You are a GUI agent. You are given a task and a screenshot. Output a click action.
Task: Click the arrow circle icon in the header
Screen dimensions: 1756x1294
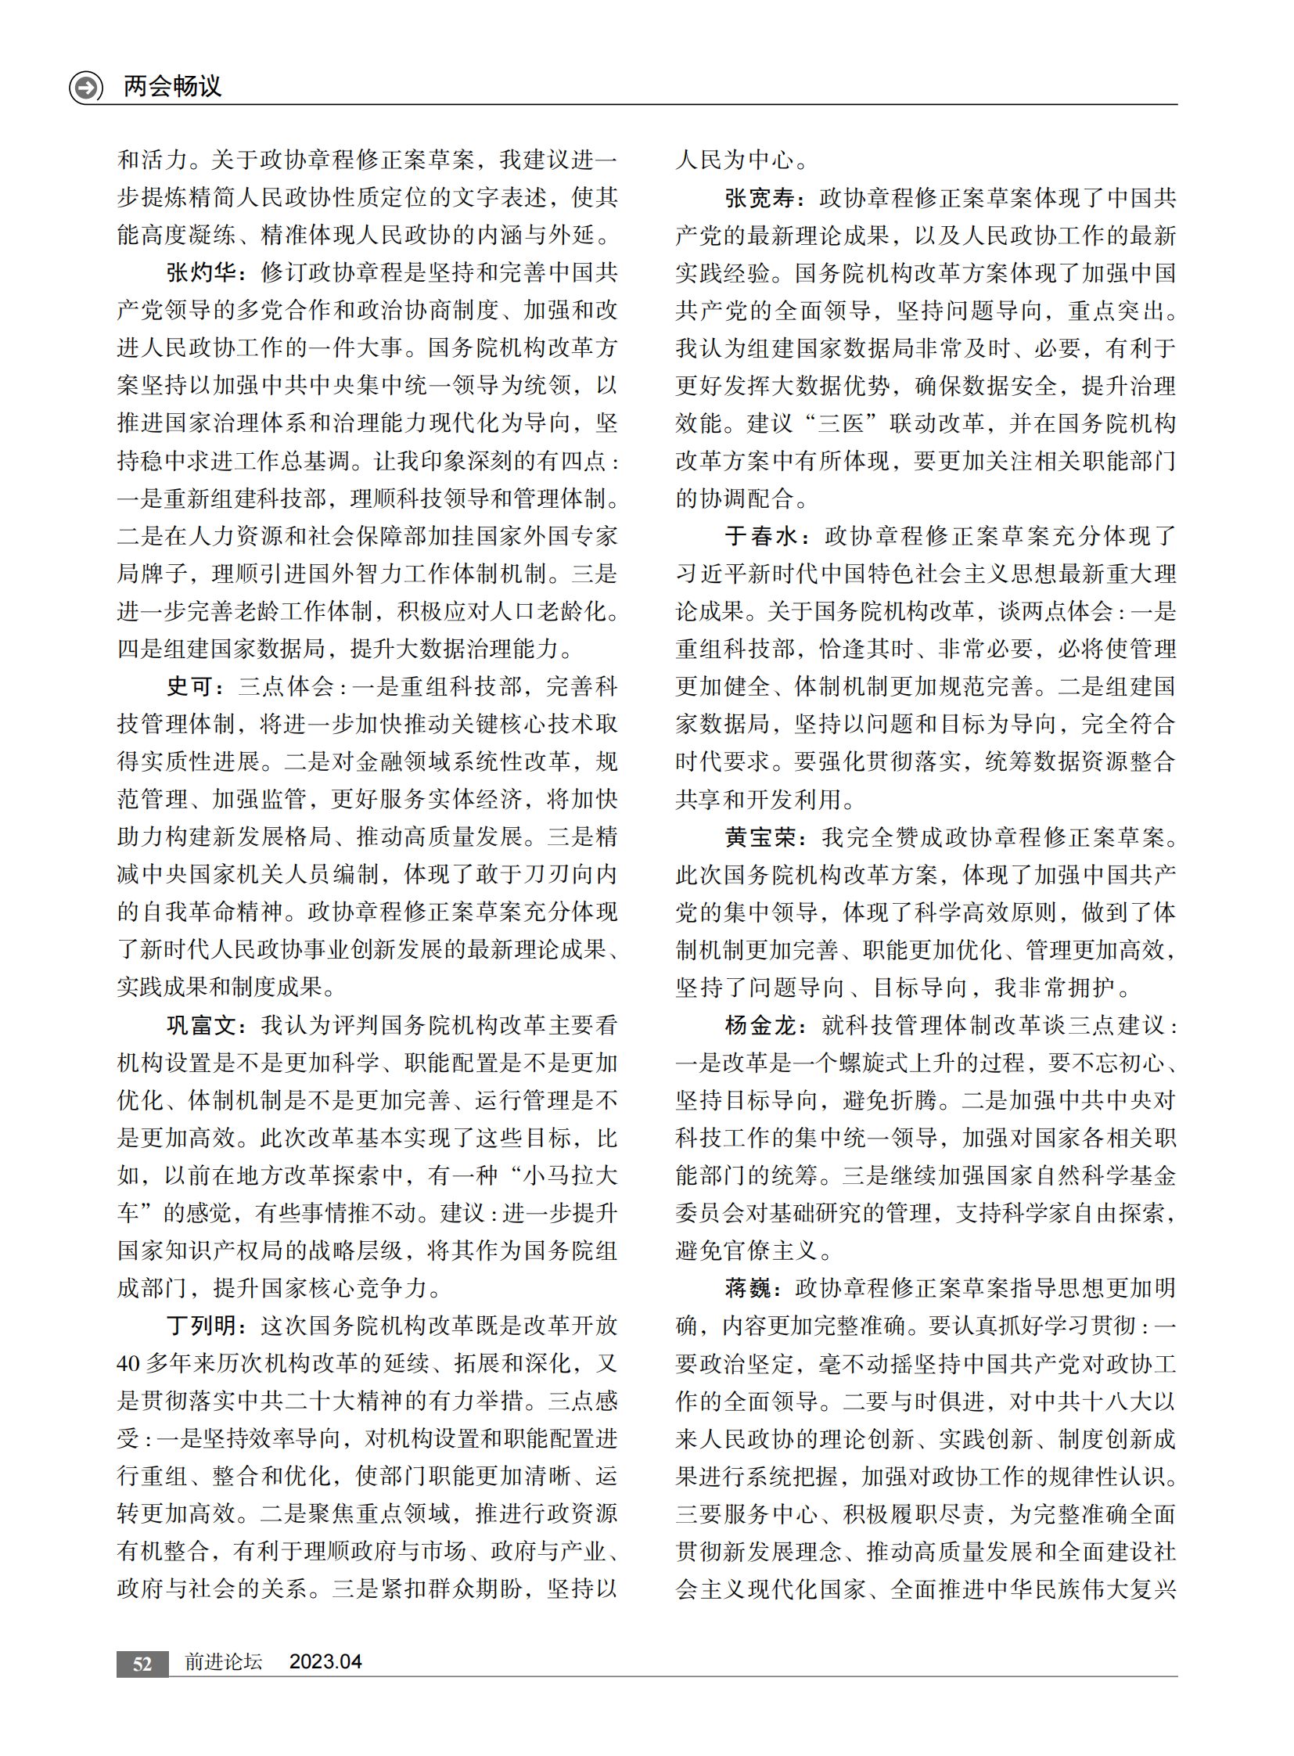(85, 86)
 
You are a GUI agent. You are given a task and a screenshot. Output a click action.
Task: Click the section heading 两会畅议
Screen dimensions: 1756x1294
(172, 85)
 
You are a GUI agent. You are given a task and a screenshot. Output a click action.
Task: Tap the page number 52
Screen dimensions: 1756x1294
(142, 1664)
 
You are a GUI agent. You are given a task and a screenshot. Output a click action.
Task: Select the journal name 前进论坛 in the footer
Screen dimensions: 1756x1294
(223, 1662)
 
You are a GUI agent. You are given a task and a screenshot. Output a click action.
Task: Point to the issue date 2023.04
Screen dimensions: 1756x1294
(325, 1662)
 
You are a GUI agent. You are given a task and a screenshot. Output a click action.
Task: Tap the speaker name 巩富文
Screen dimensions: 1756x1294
(201, 1025)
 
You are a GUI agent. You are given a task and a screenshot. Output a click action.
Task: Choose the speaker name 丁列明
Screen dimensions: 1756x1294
(201, 1326)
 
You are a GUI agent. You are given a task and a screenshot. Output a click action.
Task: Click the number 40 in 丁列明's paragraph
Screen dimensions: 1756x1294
(128, 1363)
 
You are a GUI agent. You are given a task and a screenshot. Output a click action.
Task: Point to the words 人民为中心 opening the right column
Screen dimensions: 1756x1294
(735, 160)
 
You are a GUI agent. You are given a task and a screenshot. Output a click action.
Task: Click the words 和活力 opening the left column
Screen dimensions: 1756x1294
(152, 160)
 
